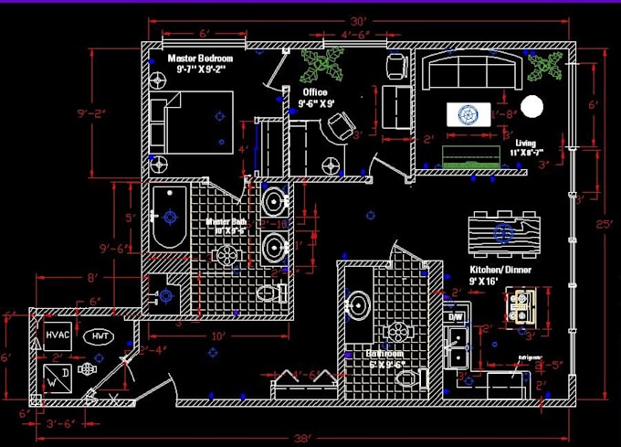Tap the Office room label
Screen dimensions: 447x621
[316, 92]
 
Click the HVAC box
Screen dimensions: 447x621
[58, 335]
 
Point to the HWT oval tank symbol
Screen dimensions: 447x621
[100, 336]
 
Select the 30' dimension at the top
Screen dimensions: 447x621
[358, 20]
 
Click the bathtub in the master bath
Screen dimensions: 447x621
[170, 217]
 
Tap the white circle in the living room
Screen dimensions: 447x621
[532, 107]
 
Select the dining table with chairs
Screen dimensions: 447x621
[501, 231]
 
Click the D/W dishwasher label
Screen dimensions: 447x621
[454, 316]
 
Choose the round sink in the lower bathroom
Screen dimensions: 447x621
[357, 305]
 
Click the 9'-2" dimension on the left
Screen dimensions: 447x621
[93, 114]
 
